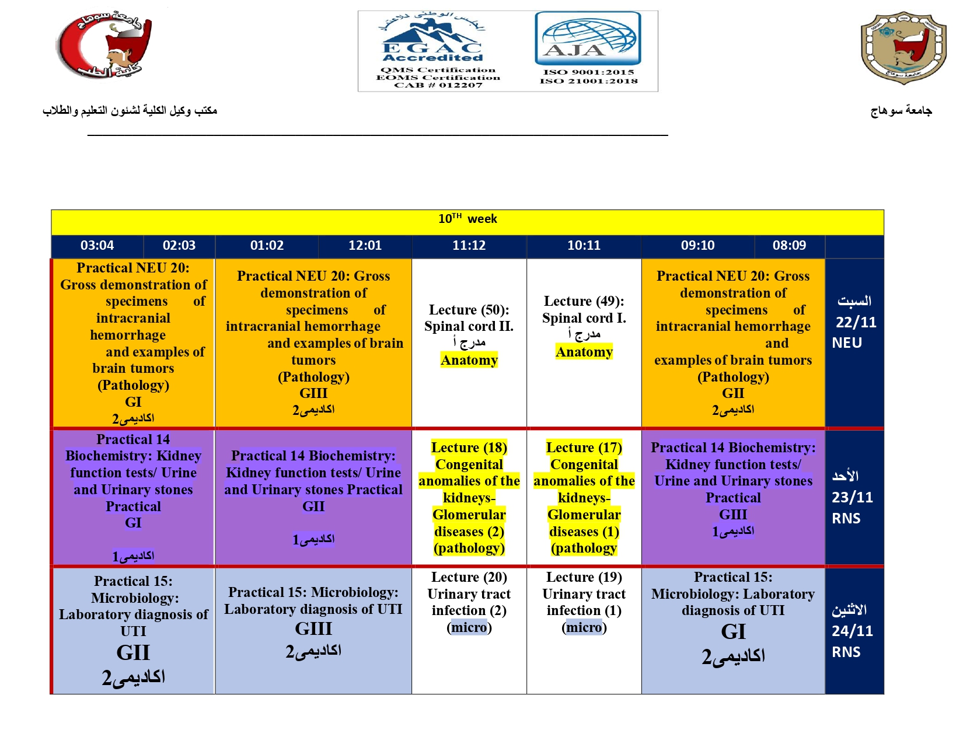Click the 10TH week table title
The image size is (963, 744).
click(x=467, y=219)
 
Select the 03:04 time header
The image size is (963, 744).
click(x=97, y=246)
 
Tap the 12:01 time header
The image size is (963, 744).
click(x=365, y=246)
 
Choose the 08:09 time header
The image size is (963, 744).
click(x=789, y=246)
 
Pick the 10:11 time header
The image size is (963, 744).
click(x=584, y=246)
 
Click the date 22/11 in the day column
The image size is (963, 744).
click(x=856, y=322)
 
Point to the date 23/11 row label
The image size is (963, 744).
click(x=852, y=497)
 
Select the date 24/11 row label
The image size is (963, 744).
click(x=852, y=631)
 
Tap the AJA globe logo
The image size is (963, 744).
click(x=588, y=39)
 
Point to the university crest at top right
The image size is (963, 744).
click(x=903, y=47)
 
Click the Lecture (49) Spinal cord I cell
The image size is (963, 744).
click(x=584, y=326)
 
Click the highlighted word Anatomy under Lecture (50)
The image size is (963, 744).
click(x=469, y=361)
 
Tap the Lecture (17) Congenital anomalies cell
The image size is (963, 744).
click(x=584, y=498)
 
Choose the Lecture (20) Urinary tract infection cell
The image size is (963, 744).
click(x=469, y=602)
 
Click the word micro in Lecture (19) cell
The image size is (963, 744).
click(x=584, y=628)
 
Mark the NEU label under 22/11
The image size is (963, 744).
click(x=847, y=343)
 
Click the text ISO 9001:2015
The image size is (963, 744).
click(x=588, y=72)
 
